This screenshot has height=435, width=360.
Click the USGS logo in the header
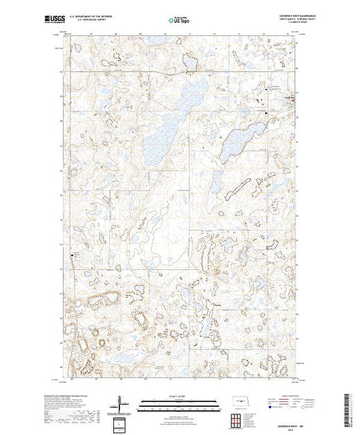tap(58, 18)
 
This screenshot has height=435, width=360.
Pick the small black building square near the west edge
tap(73, 258)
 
